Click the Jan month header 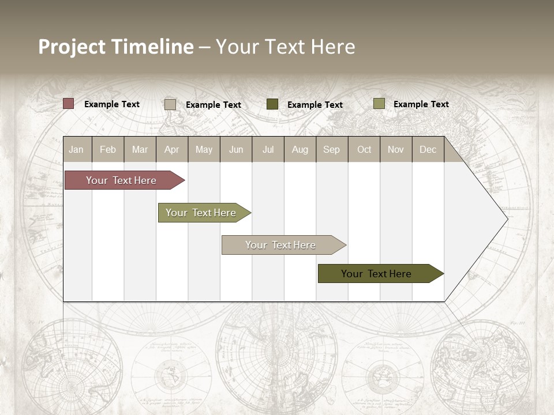click(x=76, y=150)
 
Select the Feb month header click(x=108, y=150)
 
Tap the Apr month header click(x=171, y=150)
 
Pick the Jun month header click(x=236, y=150)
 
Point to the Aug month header click(x=300, y=150)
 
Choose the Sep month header click(x=331, y=150)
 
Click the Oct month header click(x=364, y=150)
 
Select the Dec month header click(x=428, y=150)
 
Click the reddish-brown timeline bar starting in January click(x=121, y=180)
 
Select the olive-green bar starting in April click(x=201, y=213)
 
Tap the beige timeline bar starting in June click(x=280, y=245)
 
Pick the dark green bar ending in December click(x=376, y=274)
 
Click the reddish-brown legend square click(x=69, y=104)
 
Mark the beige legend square click(x=170, y=104)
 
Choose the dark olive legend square click(x=272, y=104)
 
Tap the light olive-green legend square click(x=379, y=104)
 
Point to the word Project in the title click(x=71, y=47)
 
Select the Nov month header click(x=396, y=150)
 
